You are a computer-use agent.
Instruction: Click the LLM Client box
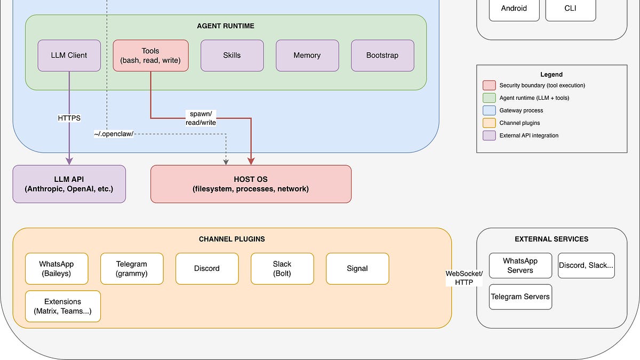click(x=69, y=55)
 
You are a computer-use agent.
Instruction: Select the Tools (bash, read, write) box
click(x=150, y=55)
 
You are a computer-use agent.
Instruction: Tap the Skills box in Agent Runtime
click(x=232, y=55)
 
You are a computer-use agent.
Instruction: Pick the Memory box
click(x=307, y=55)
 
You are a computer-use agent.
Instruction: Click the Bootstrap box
click(x=382, y=55)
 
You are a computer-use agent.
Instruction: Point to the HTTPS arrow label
click(x=69, y=118)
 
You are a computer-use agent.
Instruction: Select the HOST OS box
click(x=251, y=184)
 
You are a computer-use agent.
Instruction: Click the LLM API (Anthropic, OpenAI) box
click(x=69, y=184)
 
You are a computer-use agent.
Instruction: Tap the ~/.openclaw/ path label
click(x=114, y=133)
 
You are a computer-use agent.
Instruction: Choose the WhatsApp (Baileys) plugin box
click(x=57, y=269)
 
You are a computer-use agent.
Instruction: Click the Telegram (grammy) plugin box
click(x=132, y=269)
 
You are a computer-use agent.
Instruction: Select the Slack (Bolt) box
click(x=282, y=269)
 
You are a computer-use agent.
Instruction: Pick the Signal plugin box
click(x=357, y=269)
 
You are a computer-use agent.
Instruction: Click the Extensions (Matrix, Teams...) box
click(x=63, y=306)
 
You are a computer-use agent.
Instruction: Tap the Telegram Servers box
click(x=520, y=297)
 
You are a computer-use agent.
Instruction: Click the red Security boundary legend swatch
click(x=489, y=85)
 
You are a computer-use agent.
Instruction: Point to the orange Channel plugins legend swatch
click(x=489, y=123)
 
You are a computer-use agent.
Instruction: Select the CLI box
click(x=570, y=9)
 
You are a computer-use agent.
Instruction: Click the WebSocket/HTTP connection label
click(x=464, y=278)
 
